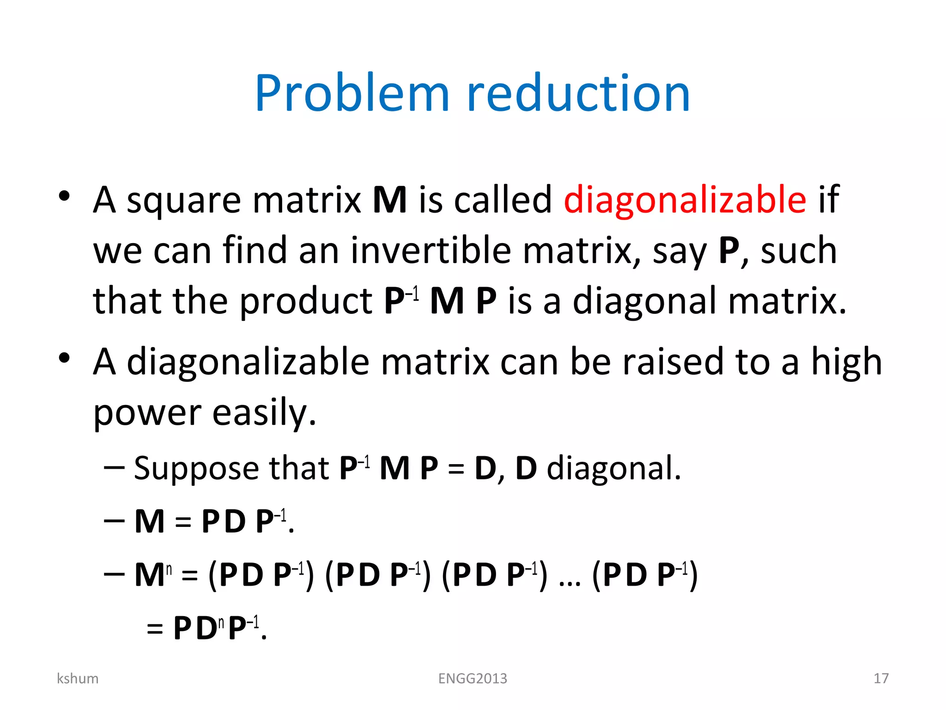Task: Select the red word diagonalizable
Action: pyautogui.click(x=685, y=200)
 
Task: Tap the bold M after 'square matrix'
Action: pyautogui.click(x=389, y=200)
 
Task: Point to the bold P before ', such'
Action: pyautogui.click(x=729, y=251)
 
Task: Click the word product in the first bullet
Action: pyautogui.click(x=306, y=301)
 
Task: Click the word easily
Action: pyautogui.click(x=264, y=412)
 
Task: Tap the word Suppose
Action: pyautogui.click(x=196, y=469)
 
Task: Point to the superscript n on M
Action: pyautogui.click(x=169, y=569)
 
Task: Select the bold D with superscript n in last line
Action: pyautogui.click(x=206, y=629)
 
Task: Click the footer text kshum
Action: pyautogui.click(x=78, y=678)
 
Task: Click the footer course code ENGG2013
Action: pyautogui.click(x=473, y=678)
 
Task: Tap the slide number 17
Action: pyautogui.click(x=881, y=678)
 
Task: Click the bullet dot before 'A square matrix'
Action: pyautogui.click(x=64, y=196)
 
